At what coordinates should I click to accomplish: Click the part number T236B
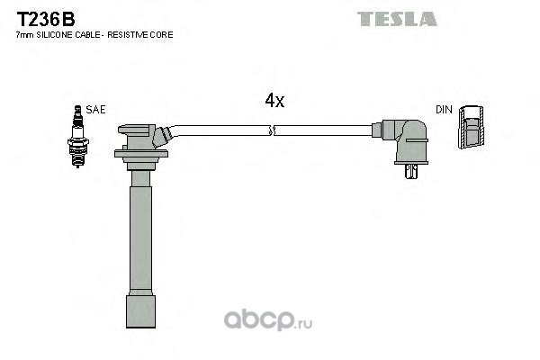pos(46,19)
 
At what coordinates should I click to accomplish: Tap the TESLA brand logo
pos(397,19)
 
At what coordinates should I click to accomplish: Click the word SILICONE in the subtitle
pos(55,35)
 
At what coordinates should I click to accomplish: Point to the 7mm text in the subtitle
pos(25,35)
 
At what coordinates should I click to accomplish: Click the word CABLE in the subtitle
pos(88,35)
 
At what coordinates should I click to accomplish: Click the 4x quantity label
pos(274,100)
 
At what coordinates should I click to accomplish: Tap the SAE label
pos(95,110)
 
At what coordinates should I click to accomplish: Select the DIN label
pos(444,110)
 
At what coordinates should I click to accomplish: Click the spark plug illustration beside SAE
pos(77,137)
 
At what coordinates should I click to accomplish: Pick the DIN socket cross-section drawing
pos(471,127)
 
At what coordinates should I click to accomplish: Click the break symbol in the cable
pos(274,130)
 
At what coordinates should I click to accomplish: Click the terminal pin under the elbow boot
pos(411,171)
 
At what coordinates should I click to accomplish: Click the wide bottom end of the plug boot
pos(140,311)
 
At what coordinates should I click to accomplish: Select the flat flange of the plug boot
pos(141,154)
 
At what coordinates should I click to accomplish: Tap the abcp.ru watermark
pos(268,320)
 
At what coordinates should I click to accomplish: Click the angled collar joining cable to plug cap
pos(161,137)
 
